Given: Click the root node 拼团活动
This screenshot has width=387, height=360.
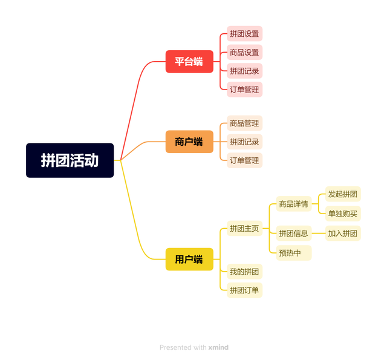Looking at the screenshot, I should [70, 160].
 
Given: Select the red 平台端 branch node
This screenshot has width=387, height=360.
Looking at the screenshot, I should [189, 61].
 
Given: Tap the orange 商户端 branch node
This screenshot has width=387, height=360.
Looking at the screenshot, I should [189, 142].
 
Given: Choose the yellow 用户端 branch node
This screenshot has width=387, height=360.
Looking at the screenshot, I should [189, 259].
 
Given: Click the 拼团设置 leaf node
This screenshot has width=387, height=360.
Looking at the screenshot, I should [244, 34].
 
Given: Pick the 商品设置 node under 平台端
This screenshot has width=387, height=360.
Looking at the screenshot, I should [244, 53].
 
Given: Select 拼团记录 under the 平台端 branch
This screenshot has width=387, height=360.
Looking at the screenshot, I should [244, 71].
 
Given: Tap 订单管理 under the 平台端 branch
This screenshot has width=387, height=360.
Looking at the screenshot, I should [244, 90].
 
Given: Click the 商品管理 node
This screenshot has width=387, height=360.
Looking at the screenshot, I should [244, 123].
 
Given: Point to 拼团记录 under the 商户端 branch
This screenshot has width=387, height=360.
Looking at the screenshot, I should [244, 142].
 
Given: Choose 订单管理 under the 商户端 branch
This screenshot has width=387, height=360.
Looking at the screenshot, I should [244, 160].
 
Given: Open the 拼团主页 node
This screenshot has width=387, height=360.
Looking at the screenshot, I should [244, 229].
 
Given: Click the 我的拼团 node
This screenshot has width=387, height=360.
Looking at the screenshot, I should [244, 271].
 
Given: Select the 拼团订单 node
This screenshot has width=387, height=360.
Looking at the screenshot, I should [244, 290].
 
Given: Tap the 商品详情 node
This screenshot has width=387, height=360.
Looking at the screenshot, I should [294, 204].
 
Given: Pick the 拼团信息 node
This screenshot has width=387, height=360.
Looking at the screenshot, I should [294, 233].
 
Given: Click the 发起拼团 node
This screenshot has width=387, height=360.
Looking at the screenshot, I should [343, 194].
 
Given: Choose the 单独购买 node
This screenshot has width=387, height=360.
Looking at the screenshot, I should [343, 213].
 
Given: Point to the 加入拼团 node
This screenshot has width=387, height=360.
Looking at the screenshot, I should [343, 233].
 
